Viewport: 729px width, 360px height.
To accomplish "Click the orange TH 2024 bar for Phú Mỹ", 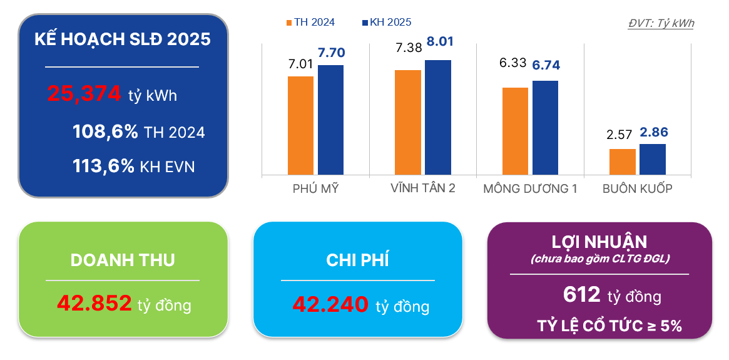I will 300,125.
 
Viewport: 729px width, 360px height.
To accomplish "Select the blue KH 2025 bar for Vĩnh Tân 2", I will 437,117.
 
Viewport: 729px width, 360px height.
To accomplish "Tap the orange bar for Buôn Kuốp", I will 622,162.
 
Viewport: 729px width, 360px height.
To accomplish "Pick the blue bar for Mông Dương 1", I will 545,128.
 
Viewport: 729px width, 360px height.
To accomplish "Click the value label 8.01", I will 440,43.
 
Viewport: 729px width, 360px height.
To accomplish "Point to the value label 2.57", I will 619,135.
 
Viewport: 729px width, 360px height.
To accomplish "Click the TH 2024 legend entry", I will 310,23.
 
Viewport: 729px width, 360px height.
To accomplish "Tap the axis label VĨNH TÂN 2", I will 422,188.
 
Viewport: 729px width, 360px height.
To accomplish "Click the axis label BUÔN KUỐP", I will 637,188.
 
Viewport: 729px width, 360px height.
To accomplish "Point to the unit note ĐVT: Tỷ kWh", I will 661,23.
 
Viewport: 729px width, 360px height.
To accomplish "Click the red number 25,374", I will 84,94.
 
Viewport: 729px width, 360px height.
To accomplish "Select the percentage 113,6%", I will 103,166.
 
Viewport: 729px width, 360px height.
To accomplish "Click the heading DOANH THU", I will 123,260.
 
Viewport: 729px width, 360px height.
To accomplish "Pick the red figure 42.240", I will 330,305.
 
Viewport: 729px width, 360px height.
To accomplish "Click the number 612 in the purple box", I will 582,294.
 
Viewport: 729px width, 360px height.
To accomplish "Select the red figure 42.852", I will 94,304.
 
